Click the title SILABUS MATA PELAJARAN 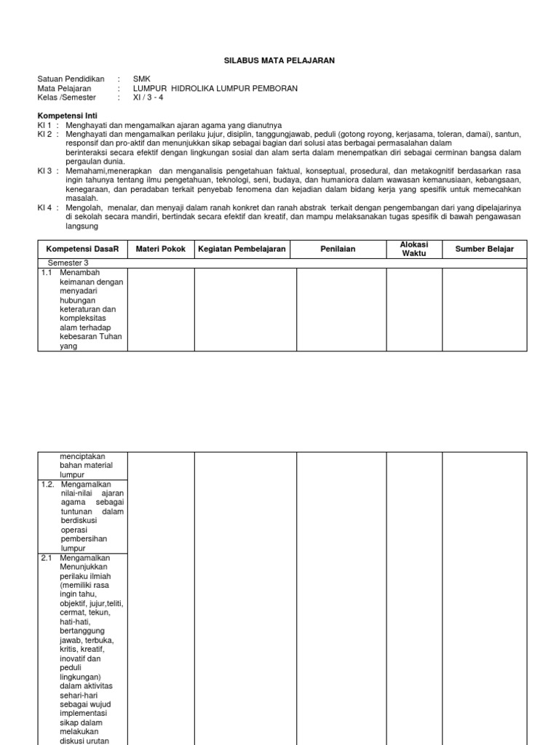click(x=279, y=61)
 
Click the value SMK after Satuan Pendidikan click(x=141, y=79)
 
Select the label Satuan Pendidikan click(x=71, y=79)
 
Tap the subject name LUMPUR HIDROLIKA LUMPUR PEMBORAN click(x=215, y=88)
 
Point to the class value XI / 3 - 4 click(x=149, y=97)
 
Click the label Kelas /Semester click(x=67, y=97)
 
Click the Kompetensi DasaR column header click(x=82, y=249)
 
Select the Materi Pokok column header click(x=161, y=249)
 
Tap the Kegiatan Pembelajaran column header click(x=245, y=249)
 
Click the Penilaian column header click(x=341, y=249)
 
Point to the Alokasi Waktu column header click(x=414, y=249)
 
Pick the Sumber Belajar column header click(x=484, y=249)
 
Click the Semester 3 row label click(x=68, y=263)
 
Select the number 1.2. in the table click(x=49, y=484)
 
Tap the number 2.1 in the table click(x=47, y=558)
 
